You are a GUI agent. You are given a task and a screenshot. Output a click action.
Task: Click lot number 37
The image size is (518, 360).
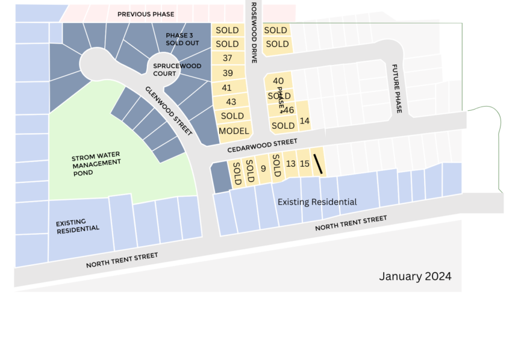pyautogui.click(x=228, y=58)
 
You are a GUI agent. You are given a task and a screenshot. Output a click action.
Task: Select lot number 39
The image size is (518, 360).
pyautogui.click(x=228, y=73)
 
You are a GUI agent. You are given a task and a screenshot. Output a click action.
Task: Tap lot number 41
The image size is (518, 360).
pyautogui.click(x=227, y=88)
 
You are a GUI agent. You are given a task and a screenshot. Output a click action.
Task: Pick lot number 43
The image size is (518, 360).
pyautogui.click(x=231, y=102)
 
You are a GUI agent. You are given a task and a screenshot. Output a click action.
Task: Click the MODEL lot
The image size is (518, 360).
pyautogui.click(x=234, y=131)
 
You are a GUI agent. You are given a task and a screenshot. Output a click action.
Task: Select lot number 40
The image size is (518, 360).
pyautogui.click(x=278, y=81)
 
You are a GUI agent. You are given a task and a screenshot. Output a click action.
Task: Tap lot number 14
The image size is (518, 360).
pyautogui.click(x=304, y=121)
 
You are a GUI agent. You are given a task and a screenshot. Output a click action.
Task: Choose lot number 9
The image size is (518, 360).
pyautogui.click(x=263, y=169)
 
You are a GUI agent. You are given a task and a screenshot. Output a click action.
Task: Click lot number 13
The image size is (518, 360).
pyautogui.click(x=290, y=164)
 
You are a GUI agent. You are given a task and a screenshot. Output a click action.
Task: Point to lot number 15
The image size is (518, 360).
pyautogui.click(x=304, y=164)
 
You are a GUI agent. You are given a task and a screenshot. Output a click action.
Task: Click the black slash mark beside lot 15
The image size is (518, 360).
pyautogui.click(x=317, y=164)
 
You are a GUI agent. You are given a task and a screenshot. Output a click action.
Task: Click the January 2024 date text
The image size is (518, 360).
pyautogui.click(x=415, y=276)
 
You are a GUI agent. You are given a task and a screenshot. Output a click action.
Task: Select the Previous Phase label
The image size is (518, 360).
pyautogui.click(x=146, y=14)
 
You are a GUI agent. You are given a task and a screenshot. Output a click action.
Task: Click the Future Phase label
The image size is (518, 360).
pyautogui.click(x=397, y=88)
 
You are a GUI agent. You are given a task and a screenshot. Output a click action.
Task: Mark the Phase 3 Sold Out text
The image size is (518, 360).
pyautogui.click(x=182, y=39)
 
